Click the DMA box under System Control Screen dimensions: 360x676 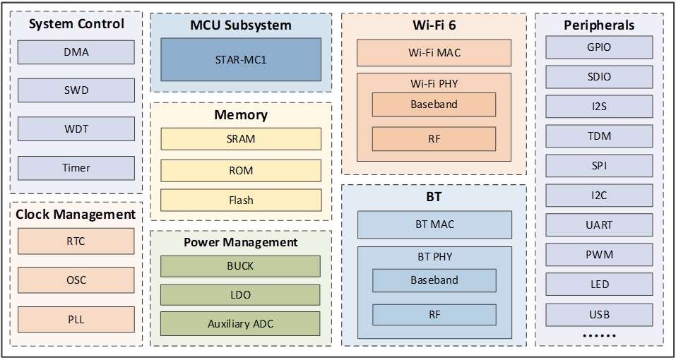pos(76,52)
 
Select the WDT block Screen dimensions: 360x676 pos(76,129)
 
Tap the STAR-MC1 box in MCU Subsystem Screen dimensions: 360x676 pos(241,59)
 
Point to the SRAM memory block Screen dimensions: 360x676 pos(241,139)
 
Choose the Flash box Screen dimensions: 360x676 pos(241,200)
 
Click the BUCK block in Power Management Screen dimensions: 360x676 pos(241,266)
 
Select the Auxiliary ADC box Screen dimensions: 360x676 pos(241,324)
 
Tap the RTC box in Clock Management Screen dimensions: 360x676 pos(76,241)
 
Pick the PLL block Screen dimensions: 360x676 pos(76,319)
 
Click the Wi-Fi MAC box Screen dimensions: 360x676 pos(434,52)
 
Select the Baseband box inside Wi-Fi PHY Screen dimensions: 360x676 pos(434,104)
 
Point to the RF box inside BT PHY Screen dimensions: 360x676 pos(434,314)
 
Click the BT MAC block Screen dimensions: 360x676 pos(434,224)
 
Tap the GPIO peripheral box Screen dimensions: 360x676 pos(599,47)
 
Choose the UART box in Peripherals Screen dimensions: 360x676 pos(599,225)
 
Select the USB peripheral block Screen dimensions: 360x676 pos(599,314)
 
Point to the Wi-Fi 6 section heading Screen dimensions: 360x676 pos(434,25)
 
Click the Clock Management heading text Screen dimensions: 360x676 pos(76,214)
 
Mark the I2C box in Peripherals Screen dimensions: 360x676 pos(599,196)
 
